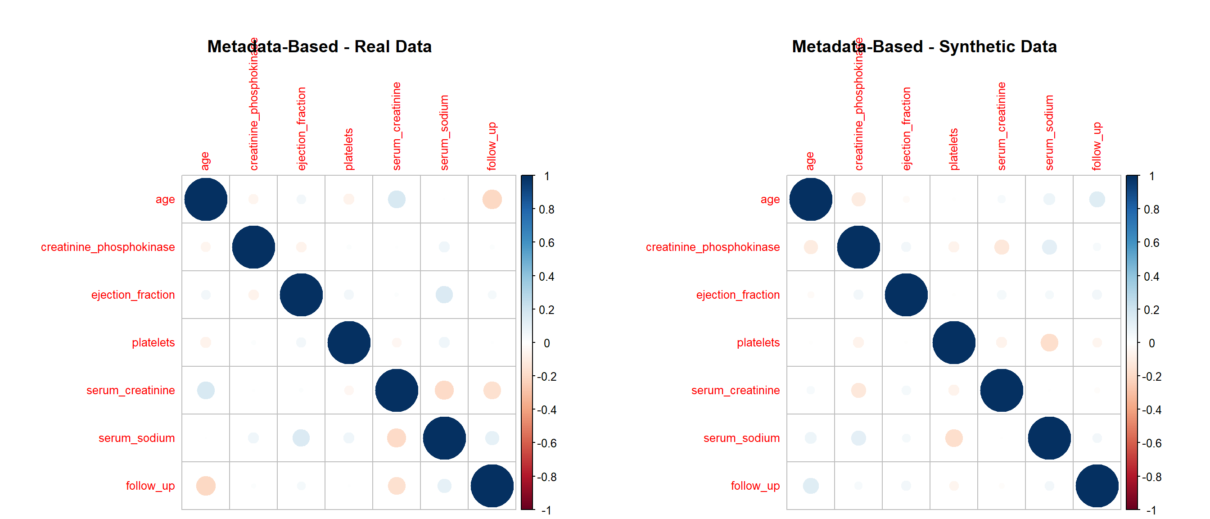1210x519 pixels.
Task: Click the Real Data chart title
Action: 320,46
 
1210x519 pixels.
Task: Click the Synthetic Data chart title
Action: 924,46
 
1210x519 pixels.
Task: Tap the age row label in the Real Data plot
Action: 165,199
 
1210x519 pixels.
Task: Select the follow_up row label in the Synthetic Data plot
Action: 755,486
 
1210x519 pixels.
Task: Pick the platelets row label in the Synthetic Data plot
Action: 758,343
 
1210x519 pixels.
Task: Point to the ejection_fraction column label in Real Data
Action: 302,128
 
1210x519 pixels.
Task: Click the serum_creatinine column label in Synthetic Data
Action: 1002,126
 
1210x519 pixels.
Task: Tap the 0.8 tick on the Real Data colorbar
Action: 546,209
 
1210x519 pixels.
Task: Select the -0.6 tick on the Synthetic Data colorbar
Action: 1151,443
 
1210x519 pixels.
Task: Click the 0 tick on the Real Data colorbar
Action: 546,343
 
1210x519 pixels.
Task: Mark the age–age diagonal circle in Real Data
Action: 206,199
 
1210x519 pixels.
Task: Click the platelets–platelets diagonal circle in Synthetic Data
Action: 953,343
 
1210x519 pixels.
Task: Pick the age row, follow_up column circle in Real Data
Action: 492,199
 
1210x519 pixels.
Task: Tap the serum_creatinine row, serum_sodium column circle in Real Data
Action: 444,390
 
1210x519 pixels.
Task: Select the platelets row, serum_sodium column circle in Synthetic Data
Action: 1049,343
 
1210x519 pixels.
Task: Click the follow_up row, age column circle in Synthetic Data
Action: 810,486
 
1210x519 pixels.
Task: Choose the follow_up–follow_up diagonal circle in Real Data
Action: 492,486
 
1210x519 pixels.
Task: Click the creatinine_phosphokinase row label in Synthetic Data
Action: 712,247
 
